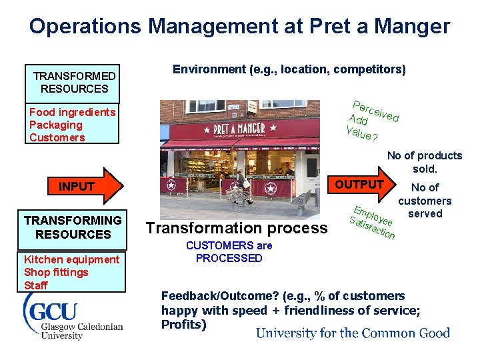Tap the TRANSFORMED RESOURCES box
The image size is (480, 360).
(x=74, y=83)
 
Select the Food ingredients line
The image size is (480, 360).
(x=72, y=112)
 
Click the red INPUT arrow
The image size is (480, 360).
(x=79, y=187)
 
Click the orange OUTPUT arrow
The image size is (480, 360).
(x=363, y=185)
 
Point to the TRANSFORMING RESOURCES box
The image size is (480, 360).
(x=73, y=227)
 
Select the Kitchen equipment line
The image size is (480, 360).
(x=71, y=259)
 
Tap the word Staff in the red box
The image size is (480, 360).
(x=36, y=285)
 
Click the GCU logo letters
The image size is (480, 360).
(x=52, y=311)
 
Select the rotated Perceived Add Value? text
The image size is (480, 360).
(x=372, y=121)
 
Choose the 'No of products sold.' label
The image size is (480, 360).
(x=424, y=162)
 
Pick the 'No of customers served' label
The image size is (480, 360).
(x=425, y=201)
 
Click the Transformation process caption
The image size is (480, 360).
(x=237, y=228)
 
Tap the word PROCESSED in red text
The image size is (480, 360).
(x=229, y=258)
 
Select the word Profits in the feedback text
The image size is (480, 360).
(x=183, y=325)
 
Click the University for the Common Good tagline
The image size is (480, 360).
(x=353, y=333)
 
